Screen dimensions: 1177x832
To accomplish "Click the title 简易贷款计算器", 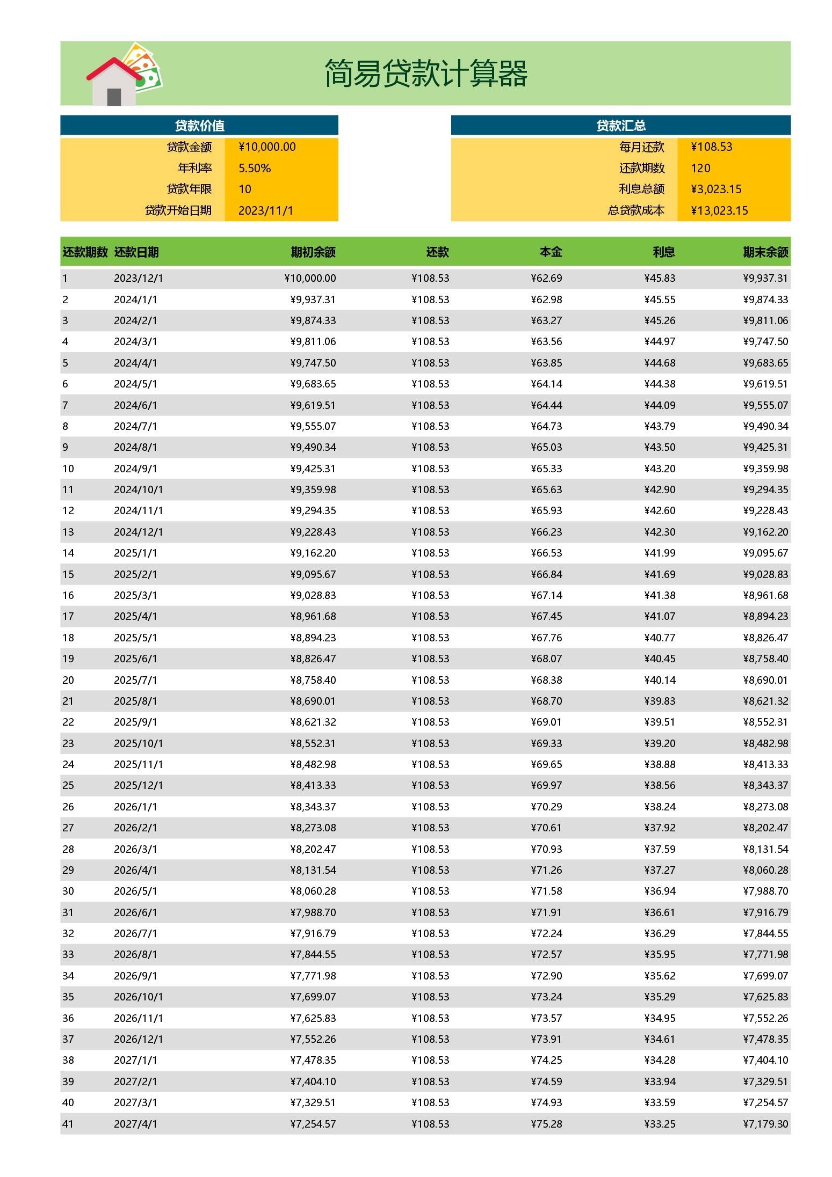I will [x=425, y=74].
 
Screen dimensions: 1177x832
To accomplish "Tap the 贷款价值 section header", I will [x=199, y=126].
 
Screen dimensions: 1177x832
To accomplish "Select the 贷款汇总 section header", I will [x=620, y=126].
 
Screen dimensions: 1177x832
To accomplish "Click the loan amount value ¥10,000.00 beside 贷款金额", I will [x=267, y=147].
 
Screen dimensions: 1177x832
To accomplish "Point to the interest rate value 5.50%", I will [x=255, y=168].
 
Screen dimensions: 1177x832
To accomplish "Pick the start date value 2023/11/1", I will [x=266, y=210].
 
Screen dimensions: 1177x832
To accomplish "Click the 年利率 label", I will [x=195, y=168].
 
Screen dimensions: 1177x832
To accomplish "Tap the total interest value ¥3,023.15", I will [x=716, y=189].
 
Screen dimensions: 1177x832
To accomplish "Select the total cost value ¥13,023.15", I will [x=719, y=210].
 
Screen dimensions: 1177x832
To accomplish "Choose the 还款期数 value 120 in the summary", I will [x=700, y=168].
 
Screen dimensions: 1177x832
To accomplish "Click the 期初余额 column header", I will [x=313, y=252].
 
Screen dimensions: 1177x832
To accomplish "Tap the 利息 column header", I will [x=663, y=252].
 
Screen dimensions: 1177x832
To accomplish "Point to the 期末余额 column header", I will [x=765, y=252].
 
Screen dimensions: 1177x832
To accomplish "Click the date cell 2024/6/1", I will [x=135, y=405].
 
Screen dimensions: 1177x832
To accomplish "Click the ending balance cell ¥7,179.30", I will [x=765, y=1124].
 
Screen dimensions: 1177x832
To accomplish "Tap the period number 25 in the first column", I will [x=68, y=785].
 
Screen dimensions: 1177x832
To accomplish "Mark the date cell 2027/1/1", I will [x=135, y=1060].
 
